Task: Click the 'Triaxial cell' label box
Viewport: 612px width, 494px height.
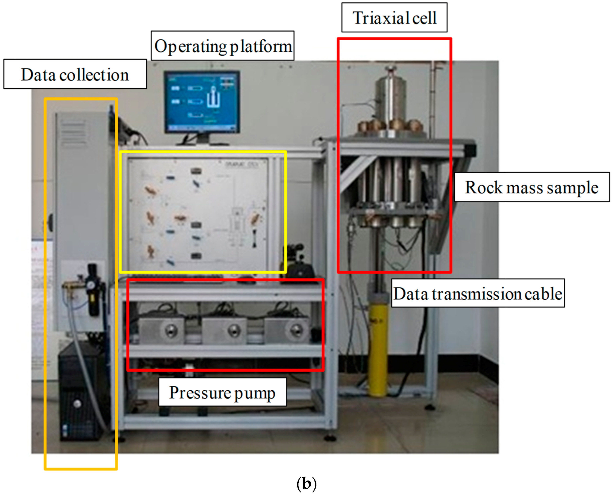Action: click(x=394, y=18)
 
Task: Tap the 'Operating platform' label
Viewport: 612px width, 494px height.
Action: click(x=223, y=46)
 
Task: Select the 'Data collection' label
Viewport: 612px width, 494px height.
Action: click(x=75, y=74)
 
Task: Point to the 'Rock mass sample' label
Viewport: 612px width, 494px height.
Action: click(x=532, y=187)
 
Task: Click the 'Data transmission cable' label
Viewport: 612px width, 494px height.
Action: click(x=478, y=293)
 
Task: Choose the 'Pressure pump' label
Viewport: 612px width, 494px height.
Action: click(x=222, y=392)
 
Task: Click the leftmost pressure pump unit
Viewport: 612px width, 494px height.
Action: click(x=161, y=330)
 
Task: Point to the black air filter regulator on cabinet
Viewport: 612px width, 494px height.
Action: click(x=93, y=290)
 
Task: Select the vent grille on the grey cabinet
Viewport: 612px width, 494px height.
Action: click(x=73, y=132)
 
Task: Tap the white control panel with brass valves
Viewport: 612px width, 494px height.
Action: click(x=198, y=212)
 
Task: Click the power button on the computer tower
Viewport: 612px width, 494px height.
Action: click(x=77, y=403)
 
